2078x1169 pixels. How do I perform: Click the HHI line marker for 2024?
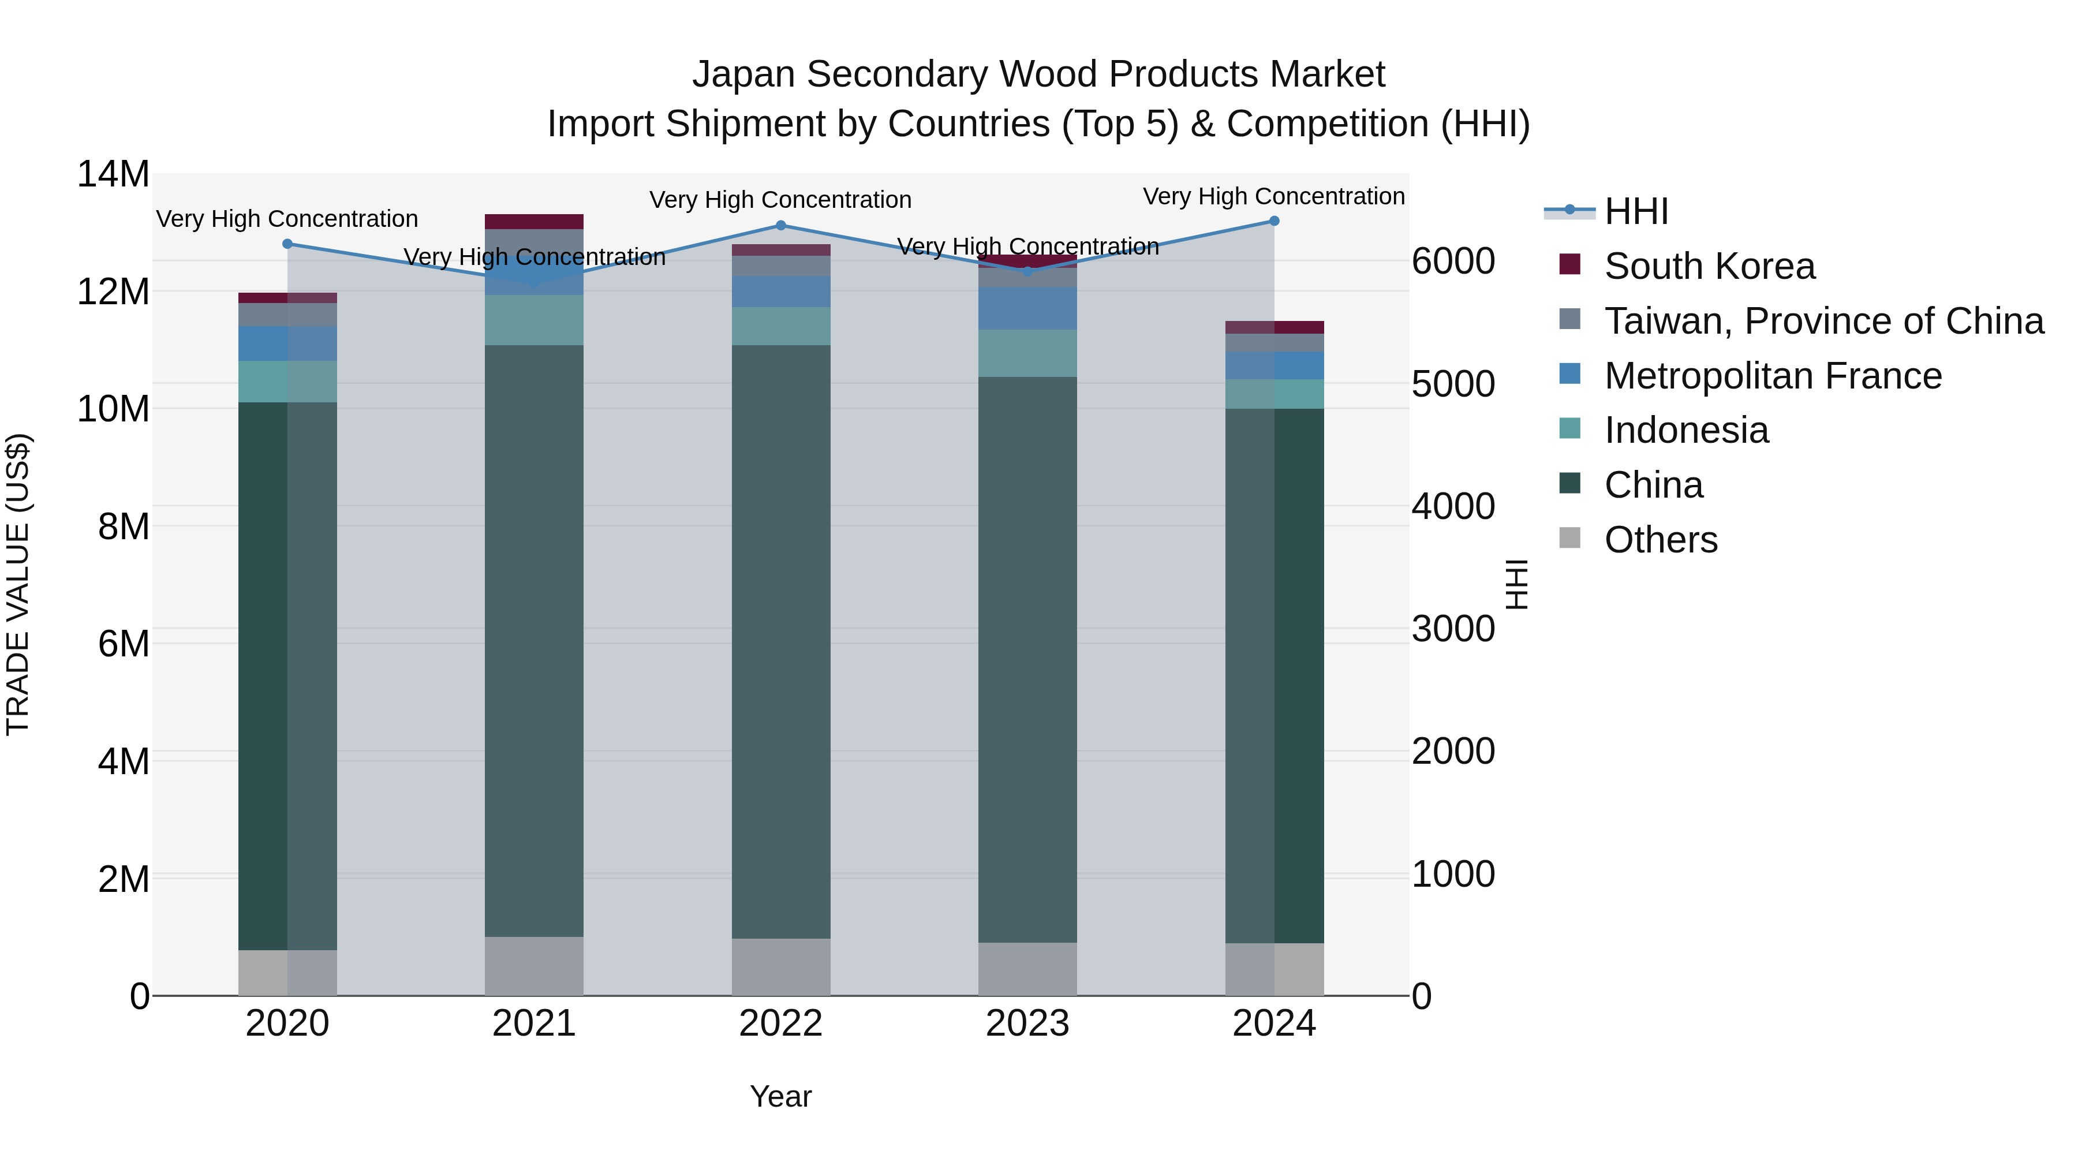click(x=1274, y=221)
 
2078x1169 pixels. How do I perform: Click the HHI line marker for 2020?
click(x=288, y=244)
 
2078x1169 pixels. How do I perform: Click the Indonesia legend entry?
click(x=1686, y=430)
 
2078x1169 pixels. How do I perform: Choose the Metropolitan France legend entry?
click(x=1772, y=376)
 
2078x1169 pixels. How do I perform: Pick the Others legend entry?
click(x=1660, y=540)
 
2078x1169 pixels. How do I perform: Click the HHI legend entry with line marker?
click(x=1635, y=211)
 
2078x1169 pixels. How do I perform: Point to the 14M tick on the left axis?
click(x=113, y=174)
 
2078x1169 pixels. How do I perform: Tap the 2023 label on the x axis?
click(x=1027, y=1024)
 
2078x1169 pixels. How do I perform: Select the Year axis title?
click(x=780, y=1096)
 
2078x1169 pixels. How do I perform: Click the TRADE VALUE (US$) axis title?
click(x=18, y=584)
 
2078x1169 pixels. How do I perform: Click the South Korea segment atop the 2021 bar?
click(x=534, y=222)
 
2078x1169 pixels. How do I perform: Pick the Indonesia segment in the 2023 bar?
click(x=1027, y=353)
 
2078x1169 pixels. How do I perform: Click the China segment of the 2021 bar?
click(x=534, y=641)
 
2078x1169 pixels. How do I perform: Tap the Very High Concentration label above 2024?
click(x=1274, y=197)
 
